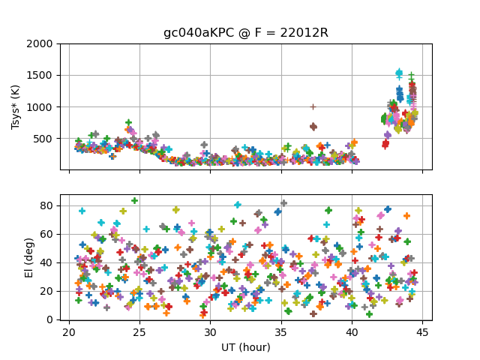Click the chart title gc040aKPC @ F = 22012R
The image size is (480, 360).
[246, 33]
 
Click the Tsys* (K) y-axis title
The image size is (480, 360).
[16, 106]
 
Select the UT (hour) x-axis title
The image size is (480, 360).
[246, 347]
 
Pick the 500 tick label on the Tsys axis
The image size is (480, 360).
[46, 139]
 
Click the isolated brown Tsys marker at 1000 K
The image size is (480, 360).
[313, 106]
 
